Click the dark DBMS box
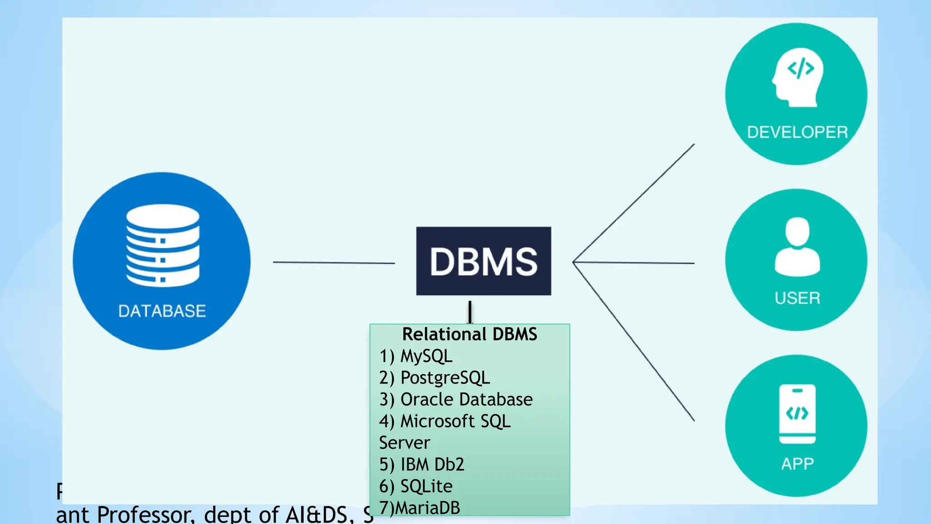483,261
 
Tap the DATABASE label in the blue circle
162,311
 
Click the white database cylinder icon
162,245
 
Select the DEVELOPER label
797,132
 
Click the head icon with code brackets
798,77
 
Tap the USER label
797,298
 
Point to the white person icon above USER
797,247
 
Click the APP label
797,464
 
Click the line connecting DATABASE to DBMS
333,262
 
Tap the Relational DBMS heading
470,334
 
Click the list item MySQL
425,356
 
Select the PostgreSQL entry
445,378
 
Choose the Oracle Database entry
466,399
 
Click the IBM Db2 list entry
432,464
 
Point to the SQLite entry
426,486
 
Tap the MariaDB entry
427,508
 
